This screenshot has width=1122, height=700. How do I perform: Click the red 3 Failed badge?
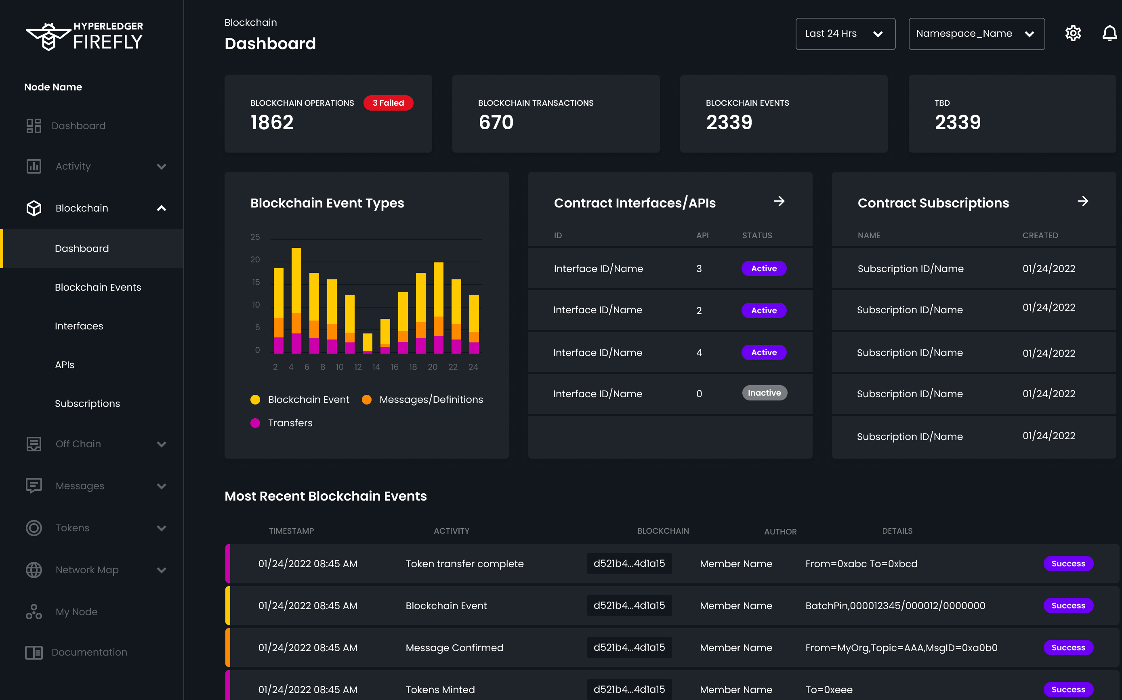388,103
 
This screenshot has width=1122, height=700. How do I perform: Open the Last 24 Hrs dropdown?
845,34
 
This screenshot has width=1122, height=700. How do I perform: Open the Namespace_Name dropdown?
976,34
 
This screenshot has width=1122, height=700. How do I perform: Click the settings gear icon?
1072,34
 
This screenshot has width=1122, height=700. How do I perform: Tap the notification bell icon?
1109,34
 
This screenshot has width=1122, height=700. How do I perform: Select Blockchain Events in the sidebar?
98,287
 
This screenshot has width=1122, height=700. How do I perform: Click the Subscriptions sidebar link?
87,403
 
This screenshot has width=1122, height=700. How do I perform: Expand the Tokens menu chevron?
161,528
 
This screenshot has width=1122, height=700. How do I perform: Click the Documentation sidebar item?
89,652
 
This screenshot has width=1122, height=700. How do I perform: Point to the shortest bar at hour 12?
367,343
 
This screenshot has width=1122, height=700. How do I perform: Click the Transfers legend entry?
290,423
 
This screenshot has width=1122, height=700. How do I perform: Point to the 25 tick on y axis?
255,237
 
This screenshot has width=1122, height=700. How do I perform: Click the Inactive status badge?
764,393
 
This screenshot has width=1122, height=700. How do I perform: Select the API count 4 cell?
699,352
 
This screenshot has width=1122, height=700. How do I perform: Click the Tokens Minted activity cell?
440,690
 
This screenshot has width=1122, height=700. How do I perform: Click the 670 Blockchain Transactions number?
496,122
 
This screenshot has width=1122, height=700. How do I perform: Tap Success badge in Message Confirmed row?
1068,647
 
